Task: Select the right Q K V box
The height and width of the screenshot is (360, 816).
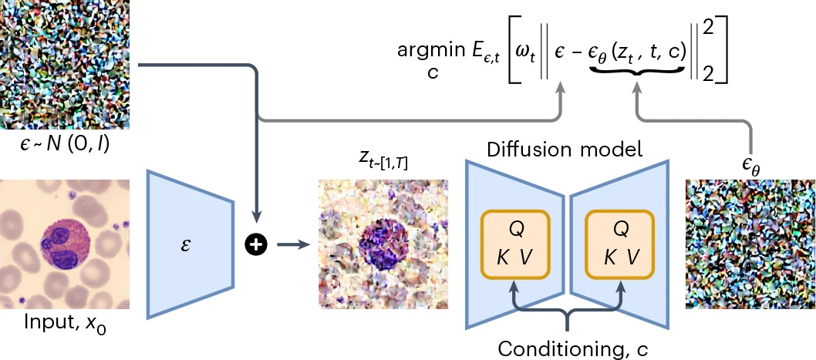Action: [x=620, y=244]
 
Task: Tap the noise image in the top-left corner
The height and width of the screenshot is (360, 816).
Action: [x=64, y=64]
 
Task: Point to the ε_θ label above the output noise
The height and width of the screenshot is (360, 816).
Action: [x=749, y=163]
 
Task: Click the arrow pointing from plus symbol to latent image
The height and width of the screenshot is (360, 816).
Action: [x=292, y=245]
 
